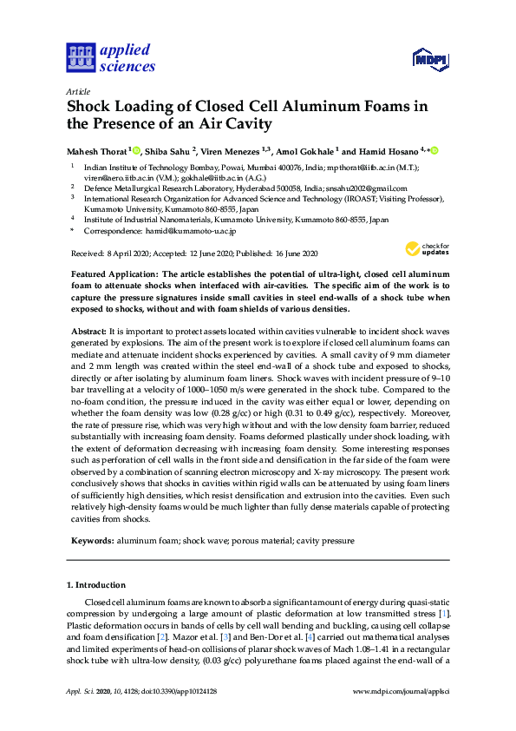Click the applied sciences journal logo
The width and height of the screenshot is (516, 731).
pyautogui.click(x=110, y=57)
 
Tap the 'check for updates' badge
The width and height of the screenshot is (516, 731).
pyautogui.click(x=422, y=249)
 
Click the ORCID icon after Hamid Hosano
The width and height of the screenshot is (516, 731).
pyautogui.click(x=434, y=150)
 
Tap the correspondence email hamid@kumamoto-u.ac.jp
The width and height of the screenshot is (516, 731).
pyautogui.click(x=193, y=232)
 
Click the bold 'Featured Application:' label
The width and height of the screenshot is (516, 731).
pyautogui.click(x=116, y=273)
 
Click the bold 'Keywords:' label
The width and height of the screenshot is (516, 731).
pyautogui.click(x=90, y=541)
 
